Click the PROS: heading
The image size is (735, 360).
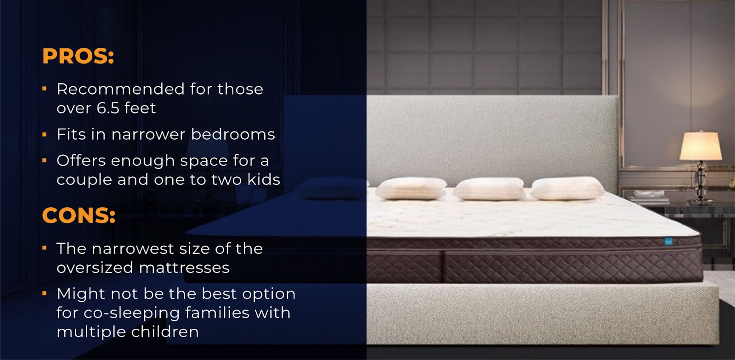point(78,56)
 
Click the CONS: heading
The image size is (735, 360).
point(79,215)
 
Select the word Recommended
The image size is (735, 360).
point(120,89)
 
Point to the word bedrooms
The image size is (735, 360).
point(233,134)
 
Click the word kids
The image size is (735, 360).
point(264,180)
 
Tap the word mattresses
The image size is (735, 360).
point(184,268)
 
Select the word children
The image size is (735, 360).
point(165,332)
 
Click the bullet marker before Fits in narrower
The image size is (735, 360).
point(45,134)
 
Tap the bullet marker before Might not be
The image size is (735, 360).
point(45,293)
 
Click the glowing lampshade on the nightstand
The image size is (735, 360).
point(701,146)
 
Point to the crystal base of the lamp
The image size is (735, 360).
point(701,182)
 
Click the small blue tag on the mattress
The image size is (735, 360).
point(668,242)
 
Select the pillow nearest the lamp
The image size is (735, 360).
point(568,189)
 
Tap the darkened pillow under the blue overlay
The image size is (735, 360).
point(331,188)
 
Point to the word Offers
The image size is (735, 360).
point(83,160)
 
